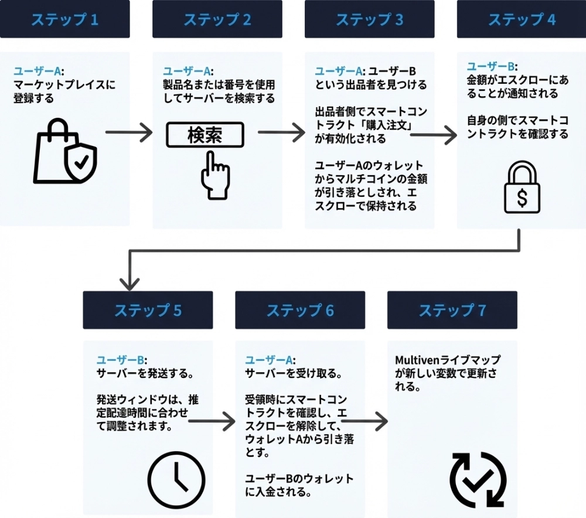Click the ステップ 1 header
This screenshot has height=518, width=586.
click(x=65, y=19)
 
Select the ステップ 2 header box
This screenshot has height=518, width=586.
click(x=217, y=19)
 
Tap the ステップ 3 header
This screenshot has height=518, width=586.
click(x=369, y=19)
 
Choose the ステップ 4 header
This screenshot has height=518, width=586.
click(x=522, y=19)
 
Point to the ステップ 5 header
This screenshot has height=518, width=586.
click(x=148, y=310)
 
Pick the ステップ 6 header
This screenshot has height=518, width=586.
click(x=300, y=310)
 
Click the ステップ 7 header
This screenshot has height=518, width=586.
click(x=452, y=310)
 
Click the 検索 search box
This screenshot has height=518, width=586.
click(x=205, y=135)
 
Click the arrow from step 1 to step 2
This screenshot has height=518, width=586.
click(x=129, y=133)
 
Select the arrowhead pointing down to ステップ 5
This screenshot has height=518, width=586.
click(x=129, y=283)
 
